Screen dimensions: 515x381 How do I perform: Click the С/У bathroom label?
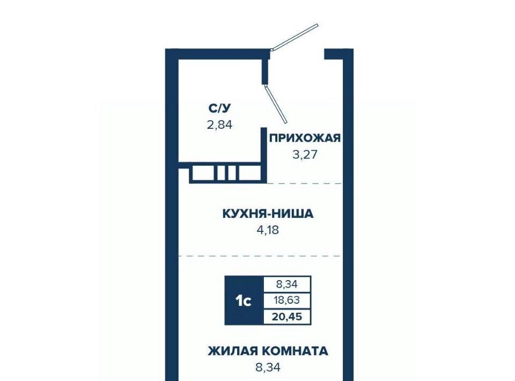click(x=220, y=108)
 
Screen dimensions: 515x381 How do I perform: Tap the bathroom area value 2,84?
click(x=220, y=125)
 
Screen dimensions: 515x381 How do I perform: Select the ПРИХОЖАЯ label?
click(x=305, y=138)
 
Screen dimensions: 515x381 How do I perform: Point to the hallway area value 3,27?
click(x=305, y=154)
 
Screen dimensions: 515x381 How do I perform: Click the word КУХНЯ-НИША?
click(x=268, y=214)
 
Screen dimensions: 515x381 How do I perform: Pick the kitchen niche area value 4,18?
click(x=268, y=230)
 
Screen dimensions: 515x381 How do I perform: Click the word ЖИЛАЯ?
click(x=232, y=351)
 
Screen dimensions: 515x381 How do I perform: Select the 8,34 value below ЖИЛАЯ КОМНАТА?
click(x=268, y=367)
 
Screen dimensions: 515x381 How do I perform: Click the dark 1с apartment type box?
click(x=244, y=301)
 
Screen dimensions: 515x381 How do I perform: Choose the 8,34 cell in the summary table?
click(x=287, y=284)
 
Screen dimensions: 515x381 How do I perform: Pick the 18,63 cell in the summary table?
click(x=287, y=300)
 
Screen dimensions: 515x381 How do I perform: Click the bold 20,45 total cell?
click(x=287, y=317)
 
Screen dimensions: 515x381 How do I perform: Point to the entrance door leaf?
click(x=295, y=37)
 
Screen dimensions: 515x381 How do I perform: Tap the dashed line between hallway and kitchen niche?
click(x=304, y=184)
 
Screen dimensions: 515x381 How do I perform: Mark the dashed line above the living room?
click(x=260, y=256)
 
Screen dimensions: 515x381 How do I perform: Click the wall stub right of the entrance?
click(x=334, y=54)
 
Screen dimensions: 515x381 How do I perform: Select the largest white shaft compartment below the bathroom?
click(x=204, y=173)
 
